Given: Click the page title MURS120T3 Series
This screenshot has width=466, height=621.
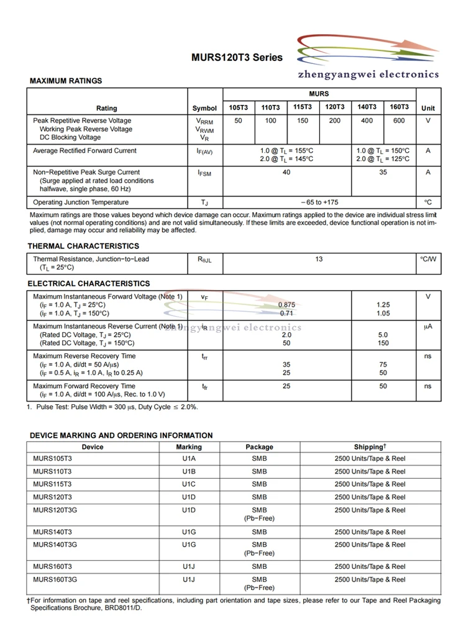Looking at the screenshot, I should tap(237, 58).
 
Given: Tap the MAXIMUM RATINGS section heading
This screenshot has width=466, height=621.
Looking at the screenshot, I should tap(66, 81).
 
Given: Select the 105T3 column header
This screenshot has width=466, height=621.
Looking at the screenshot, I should tap(238, 107).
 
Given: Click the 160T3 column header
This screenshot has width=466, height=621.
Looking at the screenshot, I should tap(399, 107).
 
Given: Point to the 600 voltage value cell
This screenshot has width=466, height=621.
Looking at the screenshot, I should tap(399, 120).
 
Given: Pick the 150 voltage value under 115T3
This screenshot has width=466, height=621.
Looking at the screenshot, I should tap(303, 120).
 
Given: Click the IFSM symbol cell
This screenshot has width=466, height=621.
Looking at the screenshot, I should tap(204, 173).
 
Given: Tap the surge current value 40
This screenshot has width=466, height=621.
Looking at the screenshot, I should tap(286, 173).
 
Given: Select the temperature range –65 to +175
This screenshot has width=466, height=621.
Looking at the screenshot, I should tap(319, 202).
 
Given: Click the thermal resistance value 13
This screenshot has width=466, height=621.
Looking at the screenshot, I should tap(319, 260).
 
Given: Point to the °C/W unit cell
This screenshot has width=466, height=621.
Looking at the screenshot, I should tap(428, 259).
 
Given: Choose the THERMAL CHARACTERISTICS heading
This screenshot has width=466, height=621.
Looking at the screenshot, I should tap(83, 246).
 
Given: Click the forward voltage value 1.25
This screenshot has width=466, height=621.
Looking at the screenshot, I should tap(383, 305).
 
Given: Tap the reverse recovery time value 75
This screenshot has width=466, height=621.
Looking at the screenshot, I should tap(383, 365).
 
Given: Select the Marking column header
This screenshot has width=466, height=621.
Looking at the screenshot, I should tap(189, 447).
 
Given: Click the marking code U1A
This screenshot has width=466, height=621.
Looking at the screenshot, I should tap(189, 459).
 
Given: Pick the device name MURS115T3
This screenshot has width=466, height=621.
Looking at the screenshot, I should tap(52, 484).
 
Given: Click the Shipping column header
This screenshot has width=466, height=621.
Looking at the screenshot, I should tap(370, 447).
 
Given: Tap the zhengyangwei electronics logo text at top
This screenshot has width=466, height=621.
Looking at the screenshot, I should tap(368, 75).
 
